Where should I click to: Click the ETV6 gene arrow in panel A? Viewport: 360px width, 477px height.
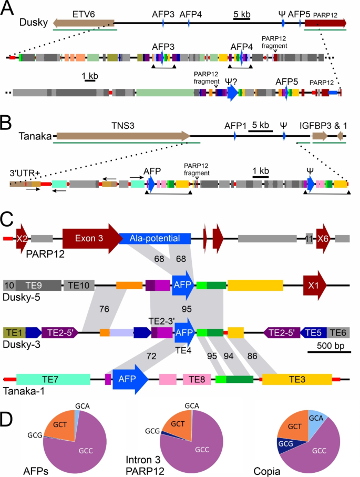point(84,23)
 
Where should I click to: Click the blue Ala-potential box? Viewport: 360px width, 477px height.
point(155,238)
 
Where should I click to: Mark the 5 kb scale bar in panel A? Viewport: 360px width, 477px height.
point(242,19)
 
